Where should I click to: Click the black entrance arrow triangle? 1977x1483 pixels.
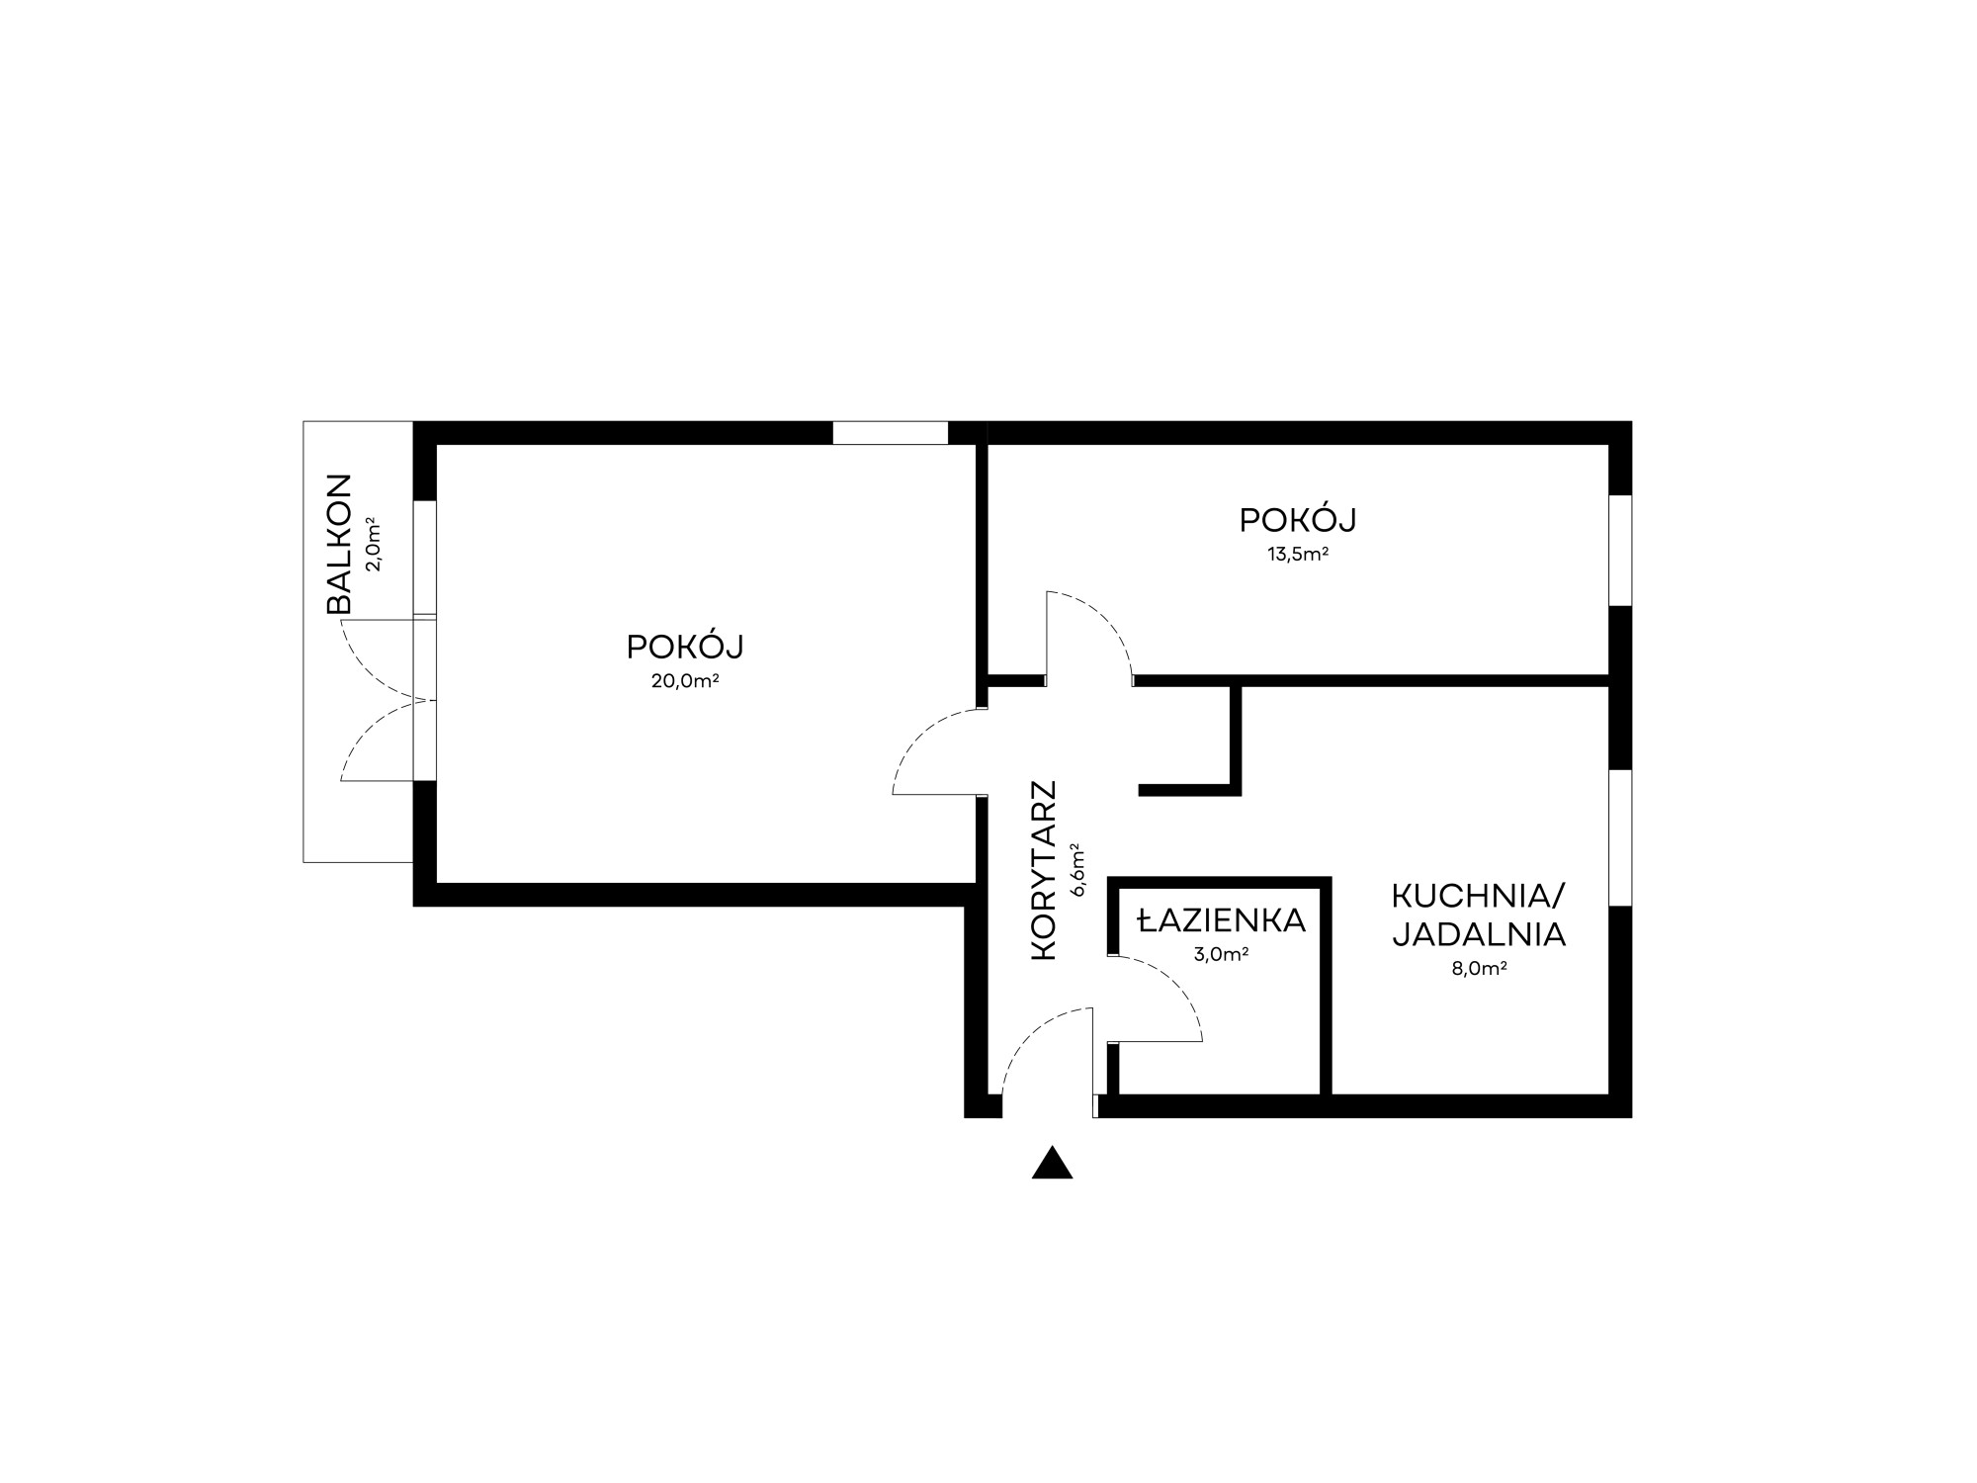point(1052,1165)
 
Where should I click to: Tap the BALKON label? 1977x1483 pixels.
point(339,545)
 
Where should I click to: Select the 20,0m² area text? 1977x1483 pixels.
point(684,680)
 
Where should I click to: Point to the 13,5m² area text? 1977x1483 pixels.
point(1298,554)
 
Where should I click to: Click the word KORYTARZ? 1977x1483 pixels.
point(1044,870)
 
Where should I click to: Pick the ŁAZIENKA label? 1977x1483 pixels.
point(1221,921)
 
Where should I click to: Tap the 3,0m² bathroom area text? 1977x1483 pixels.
point(1221,954)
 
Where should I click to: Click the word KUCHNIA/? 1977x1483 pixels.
point(1479,897)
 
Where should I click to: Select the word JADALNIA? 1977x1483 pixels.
point(1479,934)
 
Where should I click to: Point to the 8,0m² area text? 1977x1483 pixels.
point(1479,968)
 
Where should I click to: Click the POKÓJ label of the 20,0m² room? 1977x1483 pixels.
point(684,647)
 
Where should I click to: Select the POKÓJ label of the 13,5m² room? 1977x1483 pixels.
point(1298,519)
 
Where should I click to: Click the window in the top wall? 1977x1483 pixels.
point(890,433)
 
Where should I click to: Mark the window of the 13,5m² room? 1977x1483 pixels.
point(1620,550)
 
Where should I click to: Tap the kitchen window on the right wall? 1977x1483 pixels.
point(1620,837)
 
